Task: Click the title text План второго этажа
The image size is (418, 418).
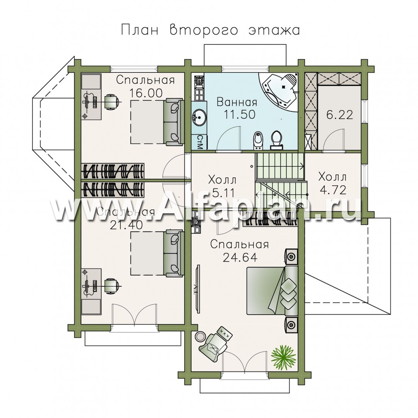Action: tap(211, 30)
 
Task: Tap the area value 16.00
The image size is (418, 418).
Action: tap(146, 93)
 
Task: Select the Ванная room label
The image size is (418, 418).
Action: tap(237, 102)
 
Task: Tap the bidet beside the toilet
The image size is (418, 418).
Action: tap(257, 140)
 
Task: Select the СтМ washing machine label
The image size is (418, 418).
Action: tap(200, 142)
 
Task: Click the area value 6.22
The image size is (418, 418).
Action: tap(340, 115)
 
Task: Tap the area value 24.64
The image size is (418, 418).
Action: tap(240, 257)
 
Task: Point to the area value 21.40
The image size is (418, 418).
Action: tap(126, 225)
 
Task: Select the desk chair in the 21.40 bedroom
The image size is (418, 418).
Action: tap(111, 286)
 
